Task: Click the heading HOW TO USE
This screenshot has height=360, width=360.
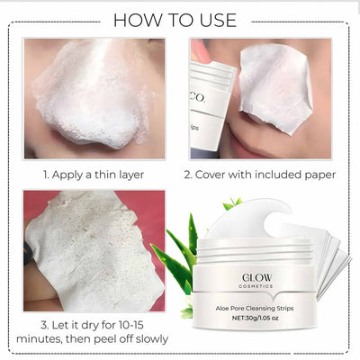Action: [181, 20]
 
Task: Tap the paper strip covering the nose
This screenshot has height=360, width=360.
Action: [274, 85]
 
